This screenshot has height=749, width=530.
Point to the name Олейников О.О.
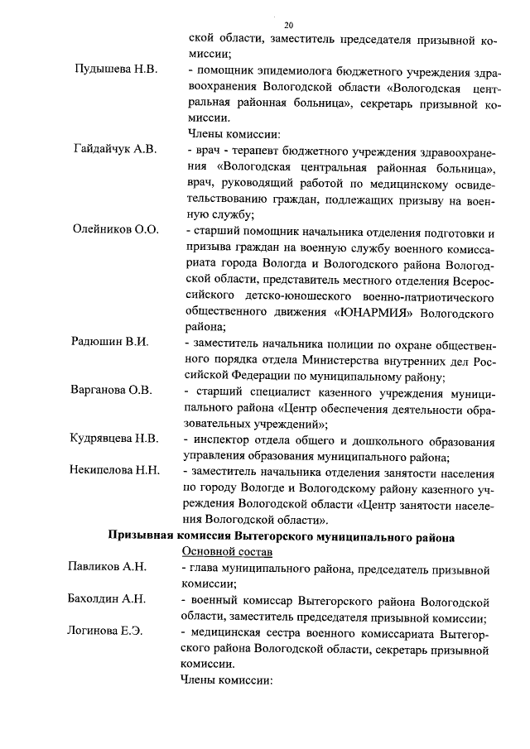[x=115, y=229]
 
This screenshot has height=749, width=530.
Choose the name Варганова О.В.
[x=112, y=391]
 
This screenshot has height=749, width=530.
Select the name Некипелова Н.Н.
[x=115, y=471]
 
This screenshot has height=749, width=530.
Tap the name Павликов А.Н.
[x=107, y=567]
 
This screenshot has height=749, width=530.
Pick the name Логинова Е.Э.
[x=105, y=631]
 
